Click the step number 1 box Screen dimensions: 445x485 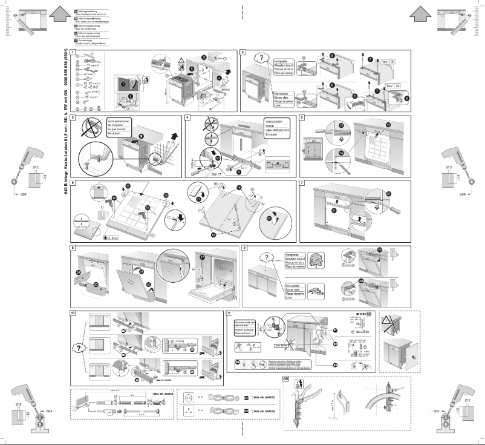coord(73,53)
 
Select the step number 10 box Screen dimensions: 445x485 coord(73,313)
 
